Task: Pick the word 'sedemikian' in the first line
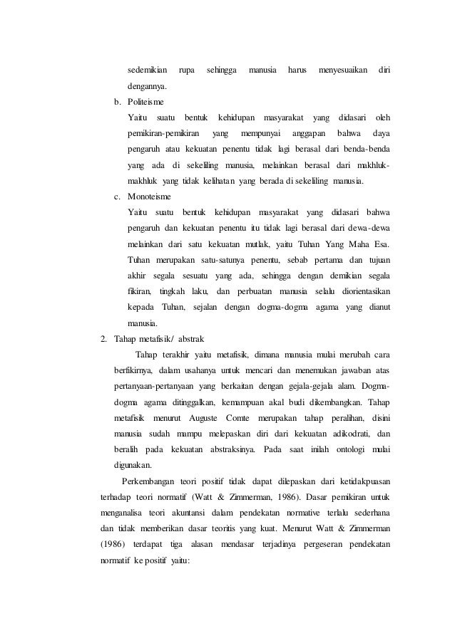tap(148, 70)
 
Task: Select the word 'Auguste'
tap(200, 417)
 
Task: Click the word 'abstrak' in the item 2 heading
tap(190, 338)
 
